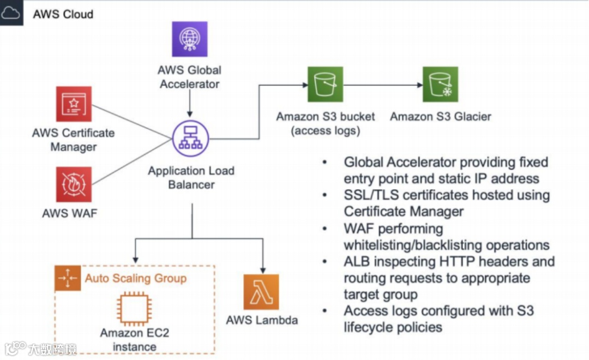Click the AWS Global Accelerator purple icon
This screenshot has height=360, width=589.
coord(190,39)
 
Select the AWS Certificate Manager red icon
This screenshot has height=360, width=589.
coord(74,104)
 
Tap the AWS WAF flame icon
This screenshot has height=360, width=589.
coord(74,184)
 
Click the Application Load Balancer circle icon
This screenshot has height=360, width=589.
coord(191,139)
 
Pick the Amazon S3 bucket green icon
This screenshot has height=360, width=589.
coord(325,85)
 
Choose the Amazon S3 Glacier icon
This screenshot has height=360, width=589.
coord(440,85)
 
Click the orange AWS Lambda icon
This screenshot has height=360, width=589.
coord(261,292)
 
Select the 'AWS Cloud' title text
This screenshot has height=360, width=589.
coord(63,14)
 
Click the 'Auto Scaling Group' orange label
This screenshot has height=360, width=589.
coord(135,279)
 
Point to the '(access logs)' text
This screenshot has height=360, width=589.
coord(326,131)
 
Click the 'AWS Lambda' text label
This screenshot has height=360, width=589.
coord(262,320)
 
